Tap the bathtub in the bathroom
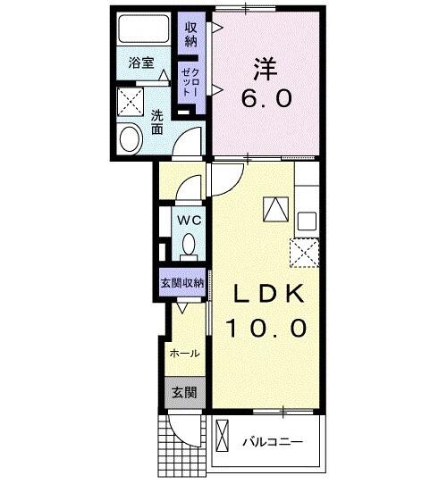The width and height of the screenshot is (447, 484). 148,30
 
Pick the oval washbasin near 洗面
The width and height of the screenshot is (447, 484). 131,140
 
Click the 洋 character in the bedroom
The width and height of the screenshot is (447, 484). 263,67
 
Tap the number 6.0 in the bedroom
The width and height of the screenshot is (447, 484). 263,98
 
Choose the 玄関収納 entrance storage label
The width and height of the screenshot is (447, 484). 182,282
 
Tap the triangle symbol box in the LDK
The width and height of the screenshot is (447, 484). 275,209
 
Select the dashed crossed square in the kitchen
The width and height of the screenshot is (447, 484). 306,253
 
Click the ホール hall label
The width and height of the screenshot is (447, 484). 184,353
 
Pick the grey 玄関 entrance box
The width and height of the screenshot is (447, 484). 184,391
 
